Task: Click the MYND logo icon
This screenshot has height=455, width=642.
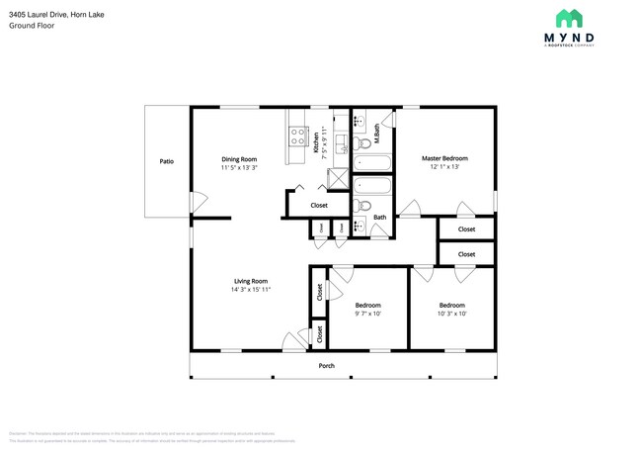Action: tap(568, 18)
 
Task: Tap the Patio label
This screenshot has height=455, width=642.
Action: tap(167, 160)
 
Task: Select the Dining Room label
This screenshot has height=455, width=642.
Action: tap(239, 158)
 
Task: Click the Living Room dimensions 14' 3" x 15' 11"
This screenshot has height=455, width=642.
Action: tap(251, 290)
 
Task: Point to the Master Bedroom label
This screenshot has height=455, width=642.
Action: tap(444, 158)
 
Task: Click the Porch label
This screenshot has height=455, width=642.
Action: tap(326, 366)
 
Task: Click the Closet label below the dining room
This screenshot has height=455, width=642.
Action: tap(319, 206)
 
